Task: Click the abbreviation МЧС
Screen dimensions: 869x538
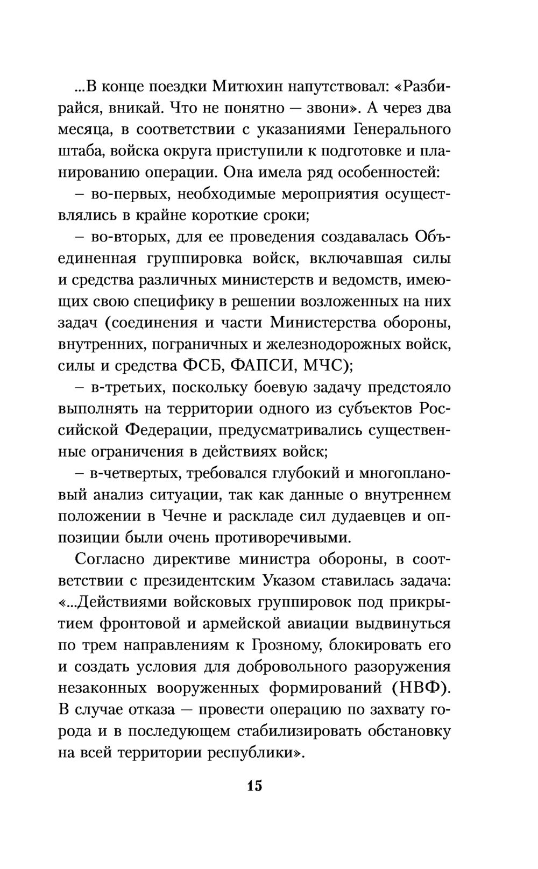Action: click(x=322, y=366)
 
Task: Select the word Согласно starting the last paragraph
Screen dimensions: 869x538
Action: click(x=110, y=560)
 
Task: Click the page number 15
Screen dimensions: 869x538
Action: click(x=254, y=786)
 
